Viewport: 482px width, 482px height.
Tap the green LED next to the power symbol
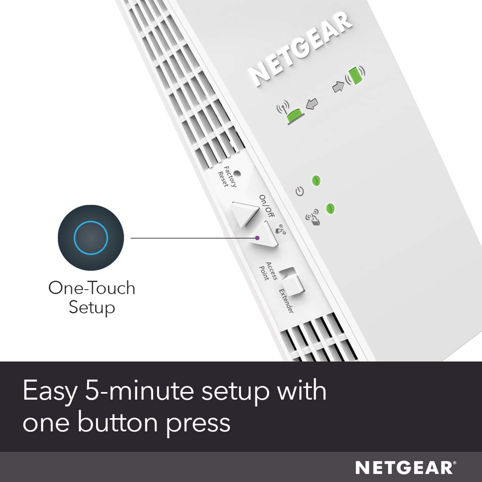pos(317,180)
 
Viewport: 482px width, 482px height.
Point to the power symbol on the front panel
pos(299,192)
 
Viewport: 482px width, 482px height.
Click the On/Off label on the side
pos(266,206)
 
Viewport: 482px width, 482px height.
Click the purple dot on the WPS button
pos(257,238)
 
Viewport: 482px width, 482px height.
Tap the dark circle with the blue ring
pos(91,237)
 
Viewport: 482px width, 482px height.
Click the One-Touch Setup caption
pos(92,298)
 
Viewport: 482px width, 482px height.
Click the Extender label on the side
pos(286,301)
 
